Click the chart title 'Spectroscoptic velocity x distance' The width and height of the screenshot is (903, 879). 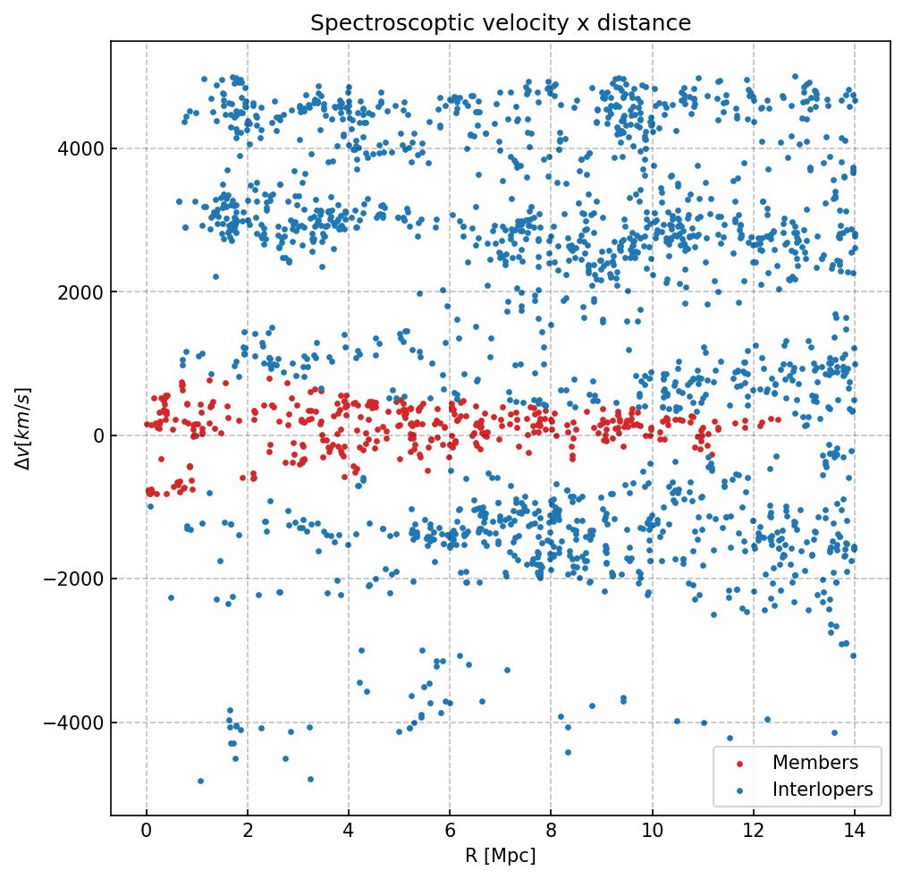[x=501, y=23]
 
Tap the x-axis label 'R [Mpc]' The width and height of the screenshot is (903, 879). [x=500, y=856]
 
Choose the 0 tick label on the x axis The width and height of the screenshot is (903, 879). [x=147, y=832]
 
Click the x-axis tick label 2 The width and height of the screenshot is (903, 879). [x=248, y=832]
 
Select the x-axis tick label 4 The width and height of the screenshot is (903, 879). [x=349, y=832]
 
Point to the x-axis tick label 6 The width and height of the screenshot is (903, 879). [x=450, y=832]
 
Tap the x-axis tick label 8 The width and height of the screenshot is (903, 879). [x=551, y=832]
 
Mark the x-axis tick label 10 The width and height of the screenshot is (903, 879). [x=652, y=832]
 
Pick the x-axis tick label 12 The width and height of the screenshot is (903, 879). [x=753, y=832]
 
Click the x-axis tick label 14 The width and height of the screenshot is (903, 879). [x=854, y=832]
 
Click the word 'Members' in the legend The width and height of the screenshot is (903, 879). [x=815, y=763]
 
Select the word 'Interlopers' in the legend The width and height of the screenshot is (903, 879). [x=823, y=790]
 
